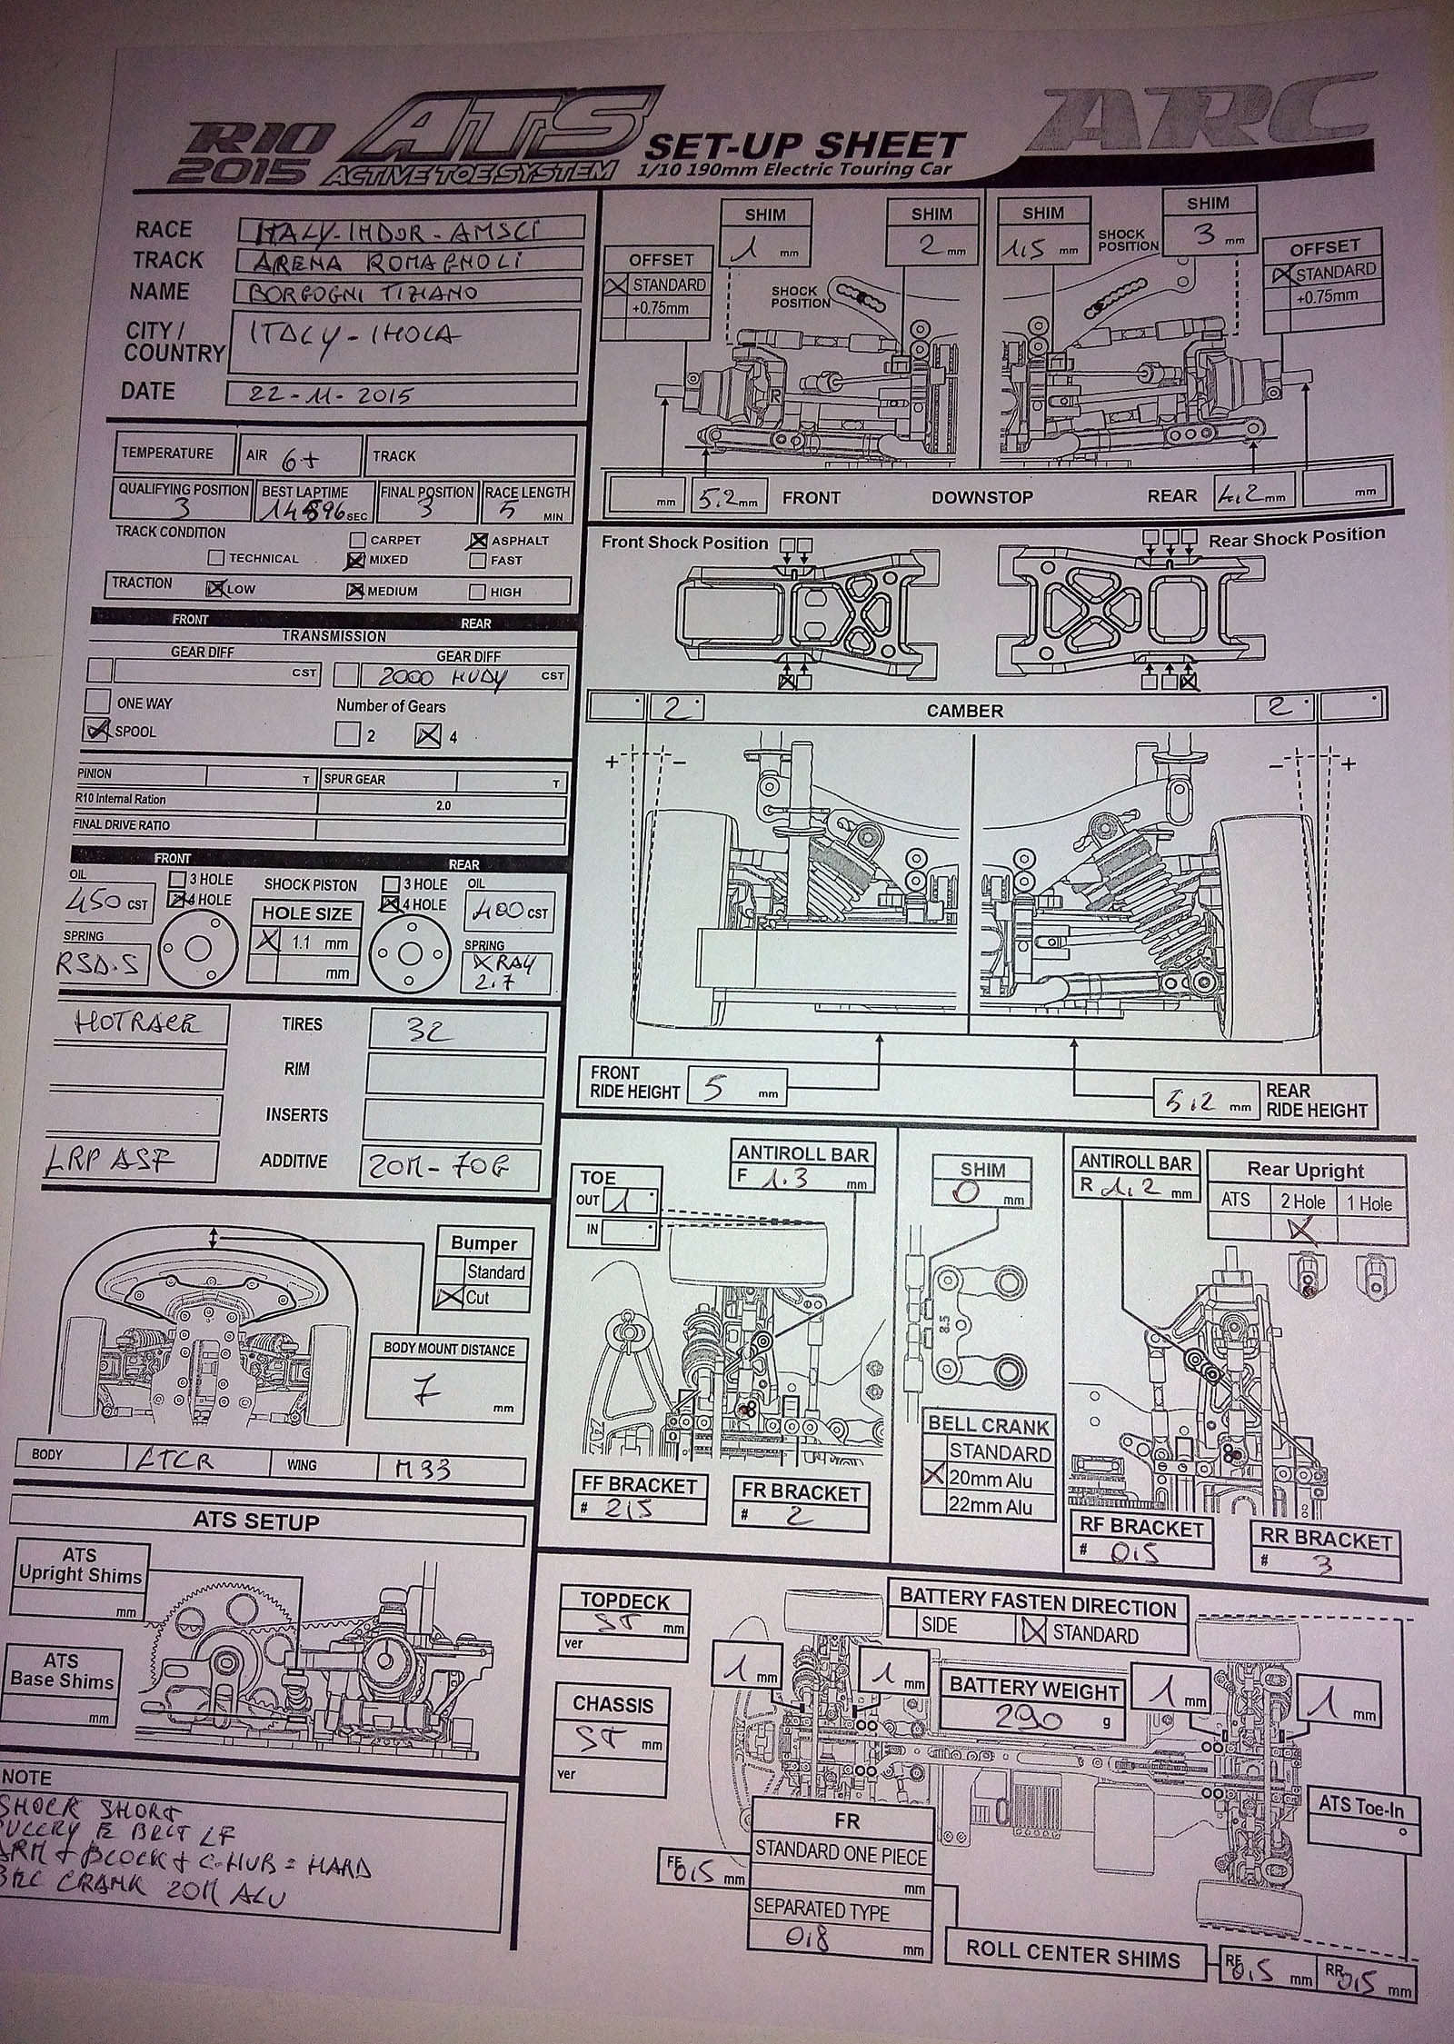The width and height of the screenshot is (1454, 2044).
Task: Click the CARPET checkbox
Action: point(358,541)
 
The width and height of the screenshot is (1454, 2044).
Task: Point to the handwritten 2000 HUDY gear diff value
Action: point(433,676)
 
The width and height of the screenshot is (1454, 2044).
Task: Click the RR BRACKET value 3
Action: point(1326,1565)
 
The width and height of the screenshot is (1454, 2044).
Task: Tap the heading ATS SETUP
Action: point(255,1521)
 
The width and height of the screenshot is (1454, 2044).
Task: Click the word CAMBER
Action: point(965,710)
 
